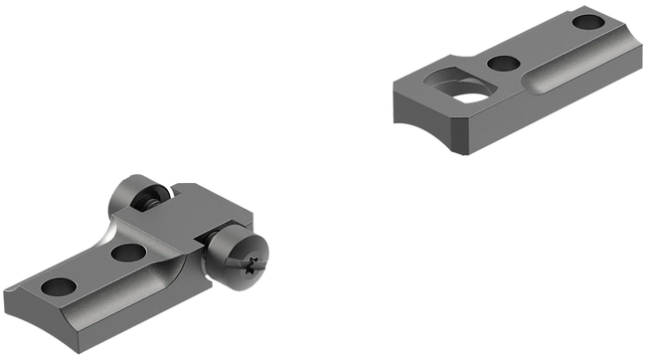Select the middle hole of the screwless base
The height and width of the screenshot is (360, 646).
pyautogui.click(x=503, y=65)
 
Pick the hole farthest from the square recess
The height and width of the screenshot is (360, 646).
pyautogui.click(x=589, y=20)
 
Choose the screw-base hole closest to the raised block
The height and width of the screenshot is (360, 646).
pyautogui.click(x=126, y=253)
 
